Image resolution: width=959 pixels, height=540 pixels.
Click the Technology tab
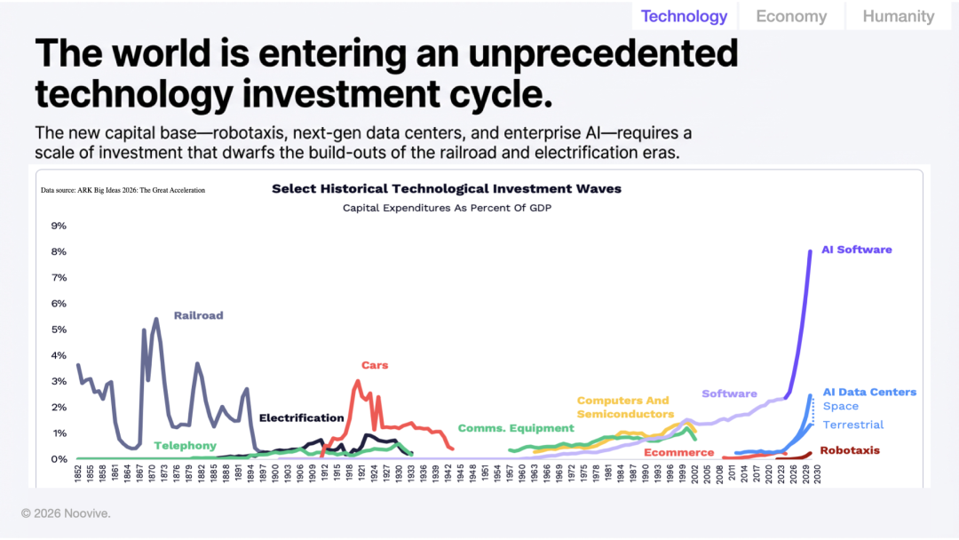pos(684,16)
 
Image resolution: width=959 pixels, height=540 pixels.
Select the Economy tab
pos(791,16)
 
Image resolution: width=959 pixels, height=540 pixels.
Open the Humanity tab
pos(899,16)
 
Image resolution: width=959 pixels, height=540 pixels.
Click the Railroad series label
pos(198,315)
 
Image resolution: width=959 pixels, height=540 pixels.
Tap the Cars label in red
pos(375,365)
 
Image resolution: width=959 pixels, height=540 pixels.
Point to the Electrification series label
pos(301,417)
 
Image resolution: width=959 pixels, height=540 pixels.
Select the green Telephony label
pos(185,446)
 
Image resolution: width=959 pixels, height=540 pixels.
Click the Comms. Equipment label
pos(516,428)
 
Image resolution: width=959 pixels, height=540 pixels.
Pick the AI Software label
pos(857,250)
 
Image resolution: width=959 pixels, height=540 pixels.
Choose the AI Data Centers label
pos(869,392)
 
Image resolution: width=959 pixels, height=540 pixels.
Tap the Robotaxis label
pos(850,450)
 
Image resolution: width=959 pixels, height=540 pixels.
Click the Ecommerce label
pos(679,452)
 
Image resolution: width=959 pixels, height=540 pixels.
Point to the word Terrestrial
pos(853,425)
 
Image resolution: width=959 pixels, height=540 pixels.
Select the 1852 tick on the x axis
pos(79,473)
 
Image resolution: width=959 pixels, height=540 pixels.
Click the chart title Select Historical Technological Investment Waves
pos(447,188)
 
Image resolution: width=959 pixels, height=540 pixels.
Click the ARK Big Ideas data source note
pos(123,190)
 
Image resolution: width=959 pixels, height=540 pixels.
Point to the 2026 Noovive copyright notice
pos(67,513)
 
